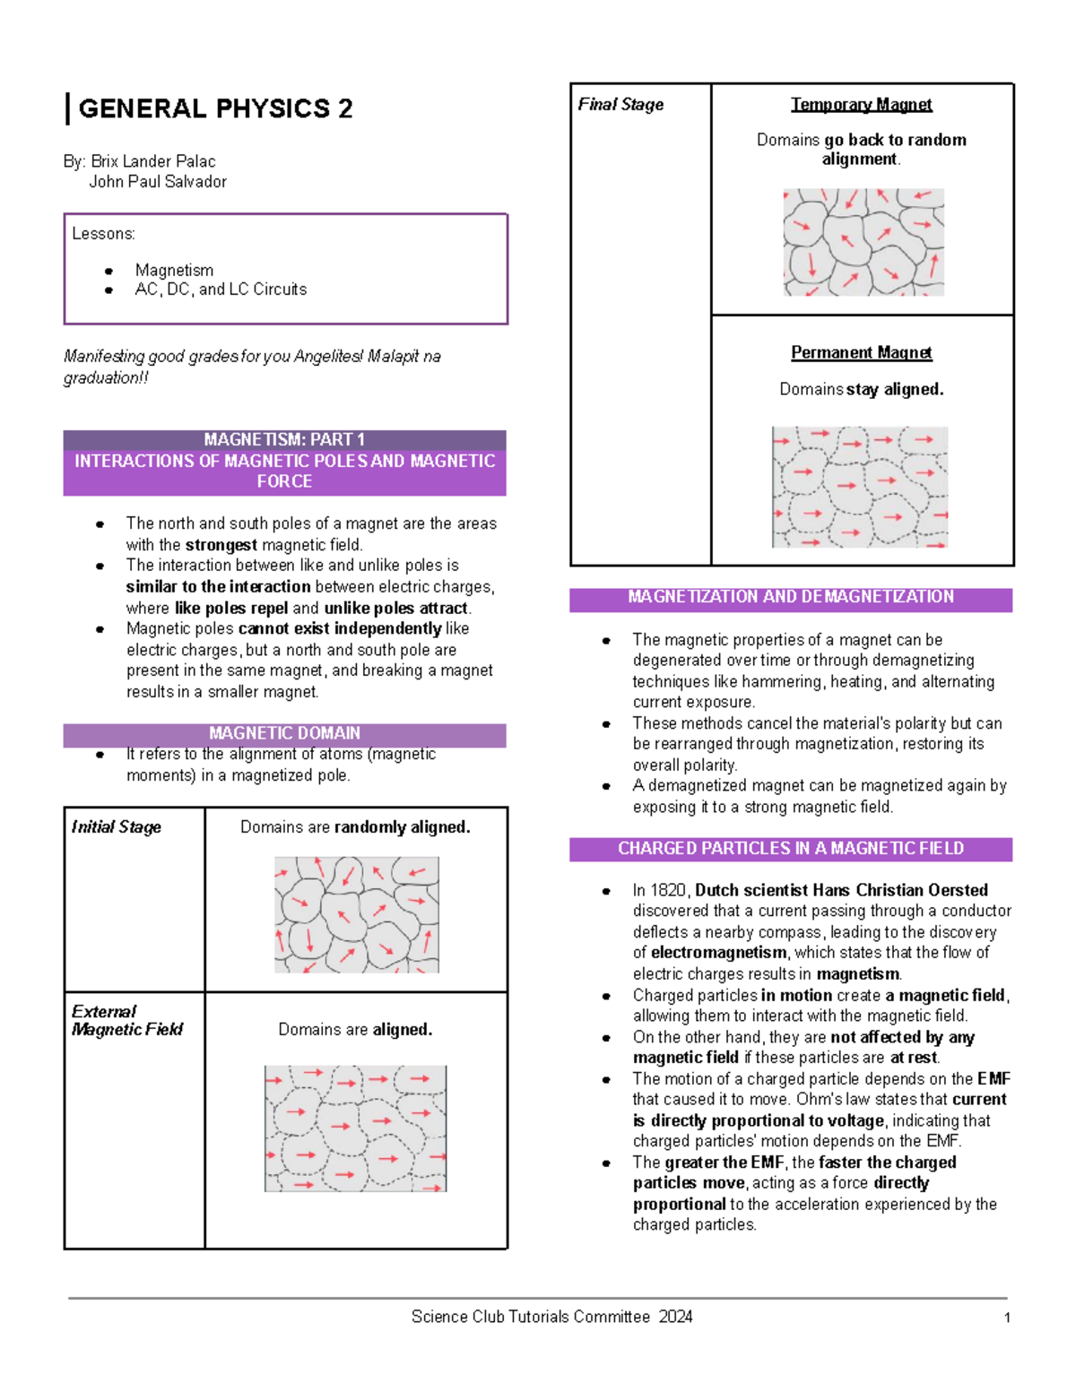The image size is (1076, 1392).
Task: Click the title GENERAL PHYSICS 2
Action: click(x=215, y=108)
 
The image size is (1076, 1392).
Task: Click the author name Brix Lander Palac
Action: click(x=152, y=161)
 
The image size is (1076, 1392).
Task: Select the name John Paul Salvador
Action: click(x=158, y=182)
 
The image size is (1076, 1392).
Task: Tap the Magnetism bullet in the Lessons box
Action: click(x=174, y=270)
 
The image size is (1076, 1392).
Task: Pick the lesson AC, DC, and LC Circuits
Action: click(x=221, y=290)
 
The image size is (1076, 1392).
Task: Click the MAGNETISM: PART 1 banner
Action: click(x=284, y=439)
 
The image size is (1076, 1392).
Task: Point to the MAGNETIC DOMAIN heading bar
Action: click(x=284, y=733)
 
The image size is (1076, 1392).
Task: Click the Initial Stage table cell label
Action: click(x=117, y=827)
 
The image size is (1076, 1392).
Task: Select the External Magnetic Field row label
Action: click(x=126, y=1020)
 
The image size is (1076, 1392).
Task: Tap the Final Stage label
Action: click(x=620, y=105)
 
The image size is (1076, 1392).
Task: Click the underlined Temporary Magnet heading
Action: click(x=861, y=105)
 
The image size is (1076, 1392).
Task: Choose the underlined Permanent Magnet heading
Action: click(x=861, y=353)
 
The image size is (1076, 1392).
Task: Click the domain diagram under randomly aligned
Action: click(x=357, y=914)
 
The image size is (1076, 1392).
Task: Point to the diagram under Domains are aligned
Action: click(x=355, y=1128)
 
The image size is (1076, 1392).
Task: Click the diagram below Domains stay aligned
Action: click(x=860, y=487)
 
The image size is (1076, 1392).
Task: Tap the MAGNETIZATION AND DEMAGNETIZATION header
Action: click(x=790, y=598)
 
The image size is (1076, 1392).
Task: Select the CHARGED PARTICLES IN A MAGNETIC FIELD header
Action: click(x=790, y=849)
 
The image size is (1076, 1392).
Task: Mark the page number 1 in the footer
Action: click(x=1007, y=1318)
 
